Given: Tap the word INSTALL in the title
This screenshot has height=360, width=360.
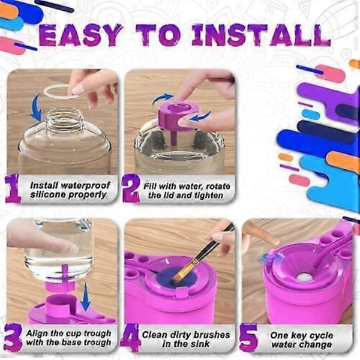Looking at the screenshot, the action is [x=262, y=35].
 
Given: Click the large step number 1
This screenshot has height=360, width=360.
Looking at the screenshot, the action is [x=13, y=188].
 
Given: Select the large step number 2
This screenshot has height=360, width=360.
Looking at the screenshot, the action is [x=131, y=189].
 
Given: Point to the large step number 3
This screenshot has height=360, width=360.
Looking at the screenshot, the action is [x=13, y=337].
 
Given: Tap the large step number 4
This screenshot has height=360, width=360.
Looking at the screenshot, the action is [x=130, y=338].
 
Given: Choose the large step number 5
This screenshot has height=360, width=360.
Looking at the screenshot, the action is [x=249, y=337].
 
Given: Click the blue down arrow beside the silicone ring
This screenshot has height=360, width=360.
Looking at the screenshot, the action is [x=36, y=108].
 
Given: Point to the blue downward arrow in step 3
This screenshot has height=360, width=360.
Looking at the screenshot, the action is [x=86, y=296].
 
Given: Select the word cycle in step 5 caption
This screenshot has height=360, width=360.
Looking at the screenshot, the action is [x=320, y=335].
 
